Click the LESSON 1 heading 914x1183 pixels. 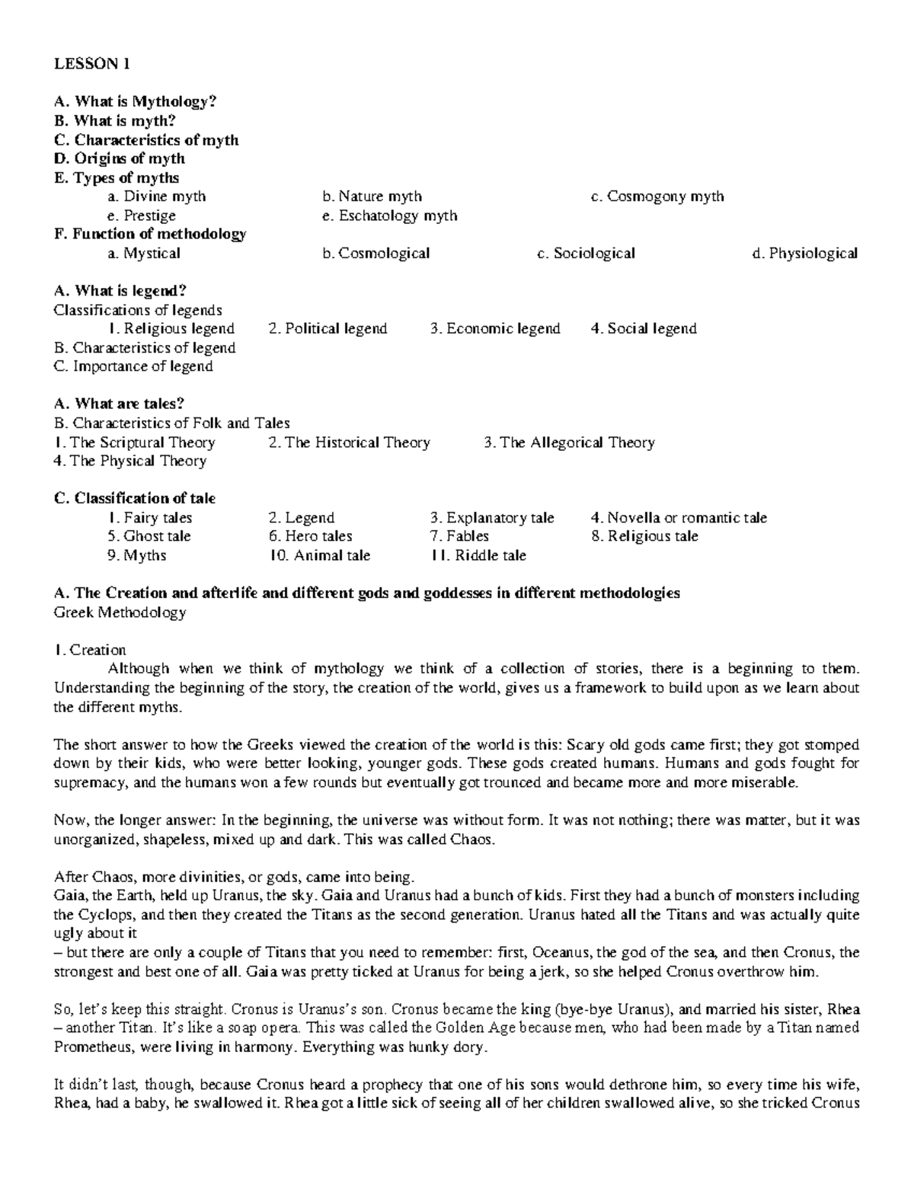tap(91, 64)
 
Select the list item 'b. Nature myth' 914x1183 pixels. tap(372, 197)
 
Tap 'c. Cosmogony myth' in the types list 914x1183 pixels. tap(657, 197)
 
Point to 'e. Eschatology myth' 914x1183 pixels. tap(389, 216)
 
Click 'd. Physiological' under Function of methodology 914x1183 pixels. tap(804, 253)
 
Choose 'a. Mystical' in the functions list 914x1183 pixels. tap(144, 253)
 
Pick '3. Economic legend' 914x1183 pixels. tap(495, 328)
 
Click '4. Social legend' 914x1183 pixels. tap(644, 328)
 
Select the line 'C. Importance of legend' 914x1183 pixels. tap(133, 366)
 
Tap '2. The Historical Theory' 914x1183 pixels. tap(350, 442)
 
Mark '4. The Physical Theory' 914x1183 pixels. tap(130, 461)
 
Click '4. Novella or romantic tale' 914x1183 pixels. tap(679, 518)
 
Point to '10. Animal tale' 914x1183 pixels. tap(320, 555)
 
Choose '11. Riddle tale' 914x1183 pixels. tap(478, 555)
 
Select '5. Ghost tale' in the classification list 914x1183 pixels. tap(149, 536)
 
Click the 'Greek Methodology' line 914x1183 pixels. tap(120, 612)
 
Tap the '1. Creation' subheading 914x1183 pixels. tap(90, 650)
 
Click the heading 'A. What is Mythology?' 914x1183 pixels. tap(135, 101)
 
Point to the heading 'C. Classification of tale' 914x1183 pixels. tap(135, 498)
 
